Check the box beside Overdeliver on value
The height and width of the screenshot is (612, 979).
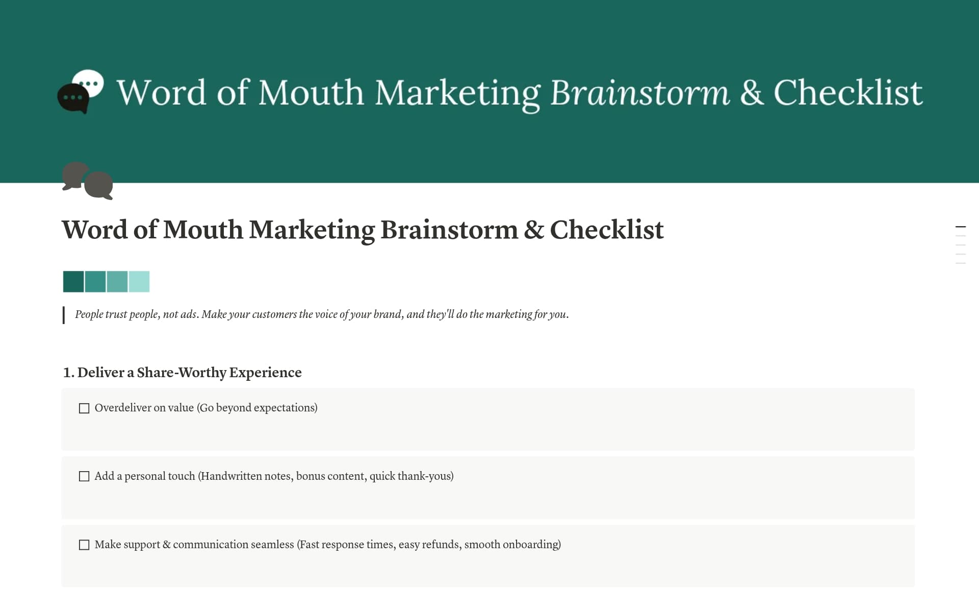click(x=84, y=408)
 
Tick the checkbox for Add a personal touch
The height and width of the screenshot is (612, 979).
click(x=84, y=476)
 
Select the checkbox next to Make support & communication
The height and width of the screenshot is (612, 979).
click(x=84, y=545)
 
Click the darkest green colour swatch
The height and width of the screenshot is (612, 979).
click(x=73, y=282)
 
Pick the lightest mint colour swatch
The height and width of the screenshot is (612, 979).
click(x=139, y=282)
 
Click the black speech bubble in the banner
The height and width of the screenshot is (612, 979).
click(x=72, y=98)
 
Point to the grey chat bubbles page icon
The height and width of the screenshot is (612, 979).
click(x=87, y=181)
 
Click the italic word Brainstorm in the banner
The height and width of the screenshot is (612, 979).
click(x=639, y=93)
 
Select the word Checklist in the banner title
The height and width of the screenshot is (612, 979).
click(x=848, y=93)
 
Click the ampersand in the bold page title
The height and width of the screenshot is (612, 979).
click(x=533, y=230)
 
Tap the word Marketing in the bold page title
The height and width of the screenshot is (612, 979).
click(x=312, y=230)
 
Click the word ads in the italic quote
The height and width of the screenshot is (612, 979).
click(x=188, y=314)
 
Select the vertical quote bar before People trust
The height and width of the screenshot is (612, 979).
click(x=64, y=315)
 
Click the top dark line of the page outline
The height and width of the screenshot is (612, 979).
click(x=961, y=227)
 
